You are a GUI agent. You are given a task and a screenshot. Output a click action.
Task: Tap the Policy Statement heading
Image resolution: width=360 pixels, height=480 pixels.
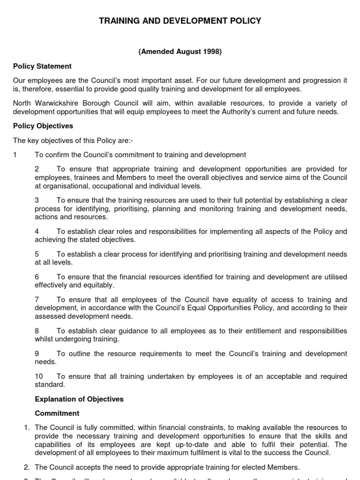[x=42, y=67]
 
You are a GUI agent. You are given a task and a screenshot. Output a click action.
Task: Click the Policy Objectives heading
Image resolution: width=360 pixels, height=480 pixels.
[x=43, y=127]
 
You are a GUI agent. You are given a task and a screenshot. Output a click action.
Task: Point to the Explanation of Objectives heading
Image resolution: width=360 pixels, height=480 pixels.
[x=79, y=399]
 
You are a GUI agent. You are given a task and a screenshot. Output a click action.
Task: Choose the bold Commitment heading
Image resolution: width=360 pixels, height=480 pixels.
[x=57, y=413]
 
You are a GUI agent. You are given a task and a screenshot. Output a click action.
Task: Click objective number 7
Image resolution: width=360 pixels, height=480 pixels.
[x=37, y=300]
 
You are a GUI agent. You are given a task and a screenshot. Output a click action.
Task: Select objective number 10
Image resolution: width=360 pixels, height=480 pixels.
[x=39, y=376]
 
